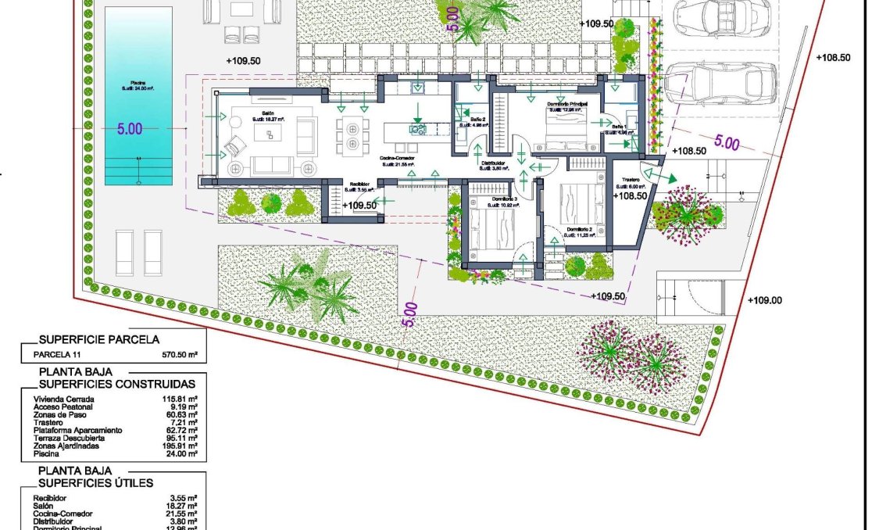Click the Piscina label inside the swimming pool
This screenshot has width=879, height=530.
pyautogui.click(x=138, y=86)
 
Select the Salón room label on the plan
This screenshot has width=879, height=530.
pyautogui.click(x=267, y=114)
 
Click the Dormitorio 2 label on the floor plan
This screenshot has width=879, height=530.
pyautogui.click(x=580, y=229)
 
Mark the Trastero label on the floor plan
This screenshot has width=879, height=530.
pyautogui.click(x=631, y=179)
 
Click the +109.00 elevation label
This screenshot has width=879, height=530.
pyautogui.click(x=764, y=300)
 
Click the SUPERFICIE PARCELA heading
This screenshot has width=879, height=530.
pyautogui.click(x=99, y=339)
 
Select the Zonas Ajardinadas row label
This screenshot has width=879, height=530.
pyautogui.click(x=66, y=446)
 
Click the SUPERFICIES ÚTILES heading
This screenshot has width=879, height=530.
pyautogui.click(x=96, y=483)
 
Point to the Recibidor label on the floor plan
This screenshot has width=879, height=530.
pyautogui.click(x=359, y=185)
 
